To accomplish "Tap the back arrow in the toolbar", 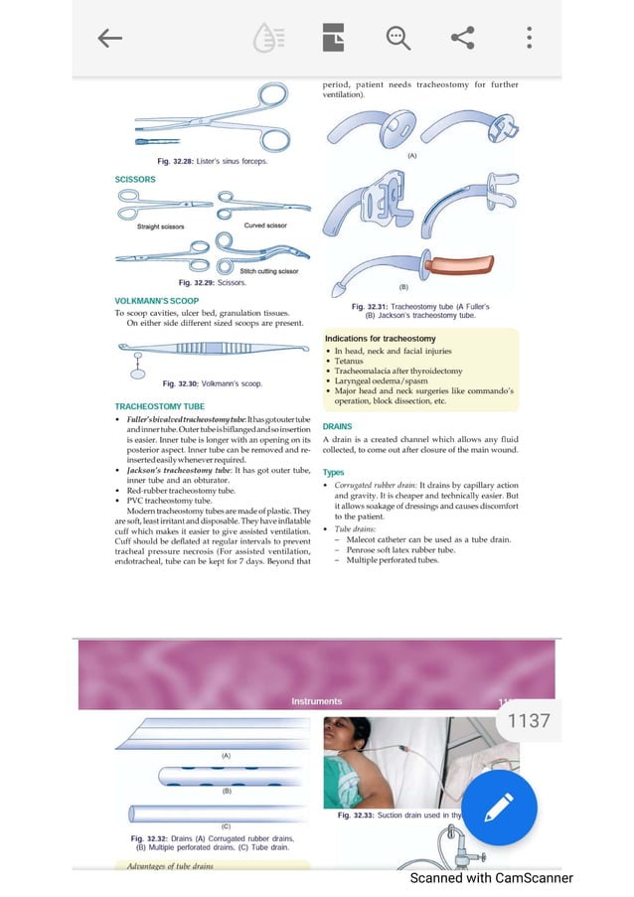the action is [109, 39].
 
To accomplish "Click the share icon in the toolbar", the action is [462, 39].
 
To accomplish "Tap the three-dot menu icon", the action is [529, 39].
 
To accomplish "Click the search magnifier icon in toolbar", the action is [398, 39].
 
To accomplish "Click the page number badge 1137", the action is [528, 720].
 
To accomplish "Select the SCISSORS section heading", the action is [135, 180].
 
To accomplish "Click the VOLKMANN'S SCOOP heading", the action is [157, 301].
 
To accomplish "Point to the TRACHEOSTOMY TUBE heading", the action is [160, 407].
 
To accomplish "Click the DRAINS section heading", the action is [337, 426].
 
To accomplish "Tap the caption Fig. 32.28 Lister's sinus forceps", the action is [211, 161].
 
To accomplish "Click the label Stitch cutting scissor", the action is [268, 271].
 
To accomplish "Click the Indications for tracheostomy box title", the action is [381, 339].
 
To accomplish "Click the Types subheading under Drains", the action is [334, 473].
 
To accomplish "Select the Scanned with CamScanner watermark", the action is [491, 878].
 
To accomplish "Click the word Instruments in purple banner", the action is [317, 701].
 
